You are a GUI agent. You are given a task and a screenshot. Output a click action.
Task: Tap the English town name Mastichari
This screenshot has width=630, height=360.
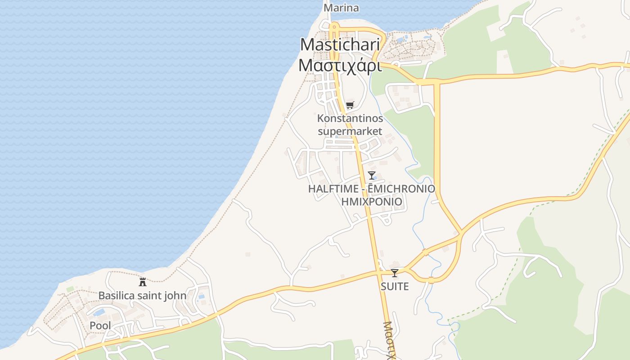pos(340,45)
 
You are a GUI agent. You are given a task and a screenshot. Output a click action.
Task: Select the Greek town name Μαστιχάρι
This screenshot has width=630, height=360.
pos(340,65)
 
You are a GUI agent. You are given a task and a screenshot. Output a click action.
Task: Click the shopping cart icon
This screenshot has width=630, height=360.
pos(350,105)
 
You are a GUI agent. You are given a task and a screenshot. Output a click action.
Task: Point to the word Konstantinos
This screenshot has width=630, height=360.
pos(350,118)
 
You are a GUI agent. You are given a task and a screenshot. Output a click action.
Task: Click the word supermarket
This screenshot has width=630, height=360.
pos(350,131)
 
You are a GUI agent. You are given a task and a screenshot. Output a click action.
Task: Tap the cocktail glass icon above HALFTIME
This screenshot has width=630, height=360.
pos(372,175)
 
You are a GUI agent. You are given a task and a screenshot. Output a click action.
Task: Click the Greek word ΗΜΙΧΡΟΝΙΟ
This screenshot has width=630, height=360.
pos(372,202)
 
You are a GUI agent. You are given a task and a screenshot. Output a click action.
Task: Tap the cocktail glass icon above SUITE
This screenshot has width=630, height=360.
pos(395,273)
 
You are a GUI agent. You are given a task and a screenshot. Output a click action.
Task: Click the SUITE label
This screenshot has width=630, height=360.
pos(395,286)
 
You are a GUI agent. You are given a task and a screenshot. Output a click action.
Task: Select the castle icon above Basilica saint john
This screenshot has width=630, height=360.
pos(143,282)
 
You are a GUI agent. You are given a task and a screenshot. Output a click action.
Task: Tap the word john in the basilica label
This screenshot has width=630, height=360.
pos(176,296)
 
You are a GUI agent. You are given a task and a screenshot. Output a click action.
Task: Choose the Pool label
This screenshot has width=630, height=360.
pos(100,325)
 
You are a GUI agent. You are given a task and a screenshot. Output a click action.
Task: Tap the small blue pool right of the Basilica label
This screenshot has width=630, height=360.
pos(201,297)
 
